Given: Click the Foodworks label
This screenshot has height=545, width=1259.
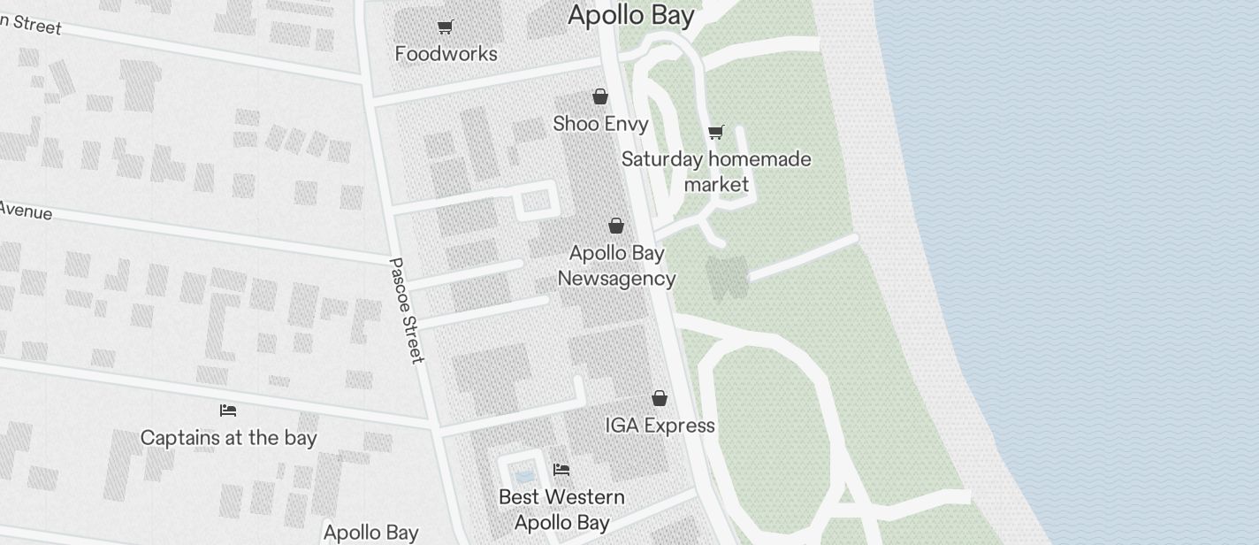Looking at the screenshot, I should (446, 54).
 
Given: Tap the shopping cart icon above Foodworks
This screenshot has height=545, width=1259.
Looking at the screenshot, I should (446, 27).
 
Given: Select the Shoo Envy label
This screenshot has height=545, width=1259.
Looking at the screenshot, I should (600, 124).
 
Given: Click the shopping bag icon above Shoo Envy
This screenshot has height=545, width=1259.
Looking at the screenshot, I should (600, 96).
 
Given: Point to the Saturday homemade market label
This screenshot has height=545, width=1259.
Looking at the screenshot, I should (716, 172).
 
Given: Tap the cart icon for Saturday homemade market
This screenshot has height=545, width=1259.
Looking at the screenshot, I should (716, 133).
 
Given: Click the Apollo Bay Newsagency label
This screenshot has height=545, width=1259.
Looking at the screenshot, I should (616, 265).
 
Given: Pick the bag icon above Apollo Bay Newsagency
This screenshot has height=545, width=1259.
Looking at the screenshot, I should (616, 226).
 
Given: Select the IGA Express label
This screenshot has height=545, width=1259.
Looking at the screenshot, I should (660, 426).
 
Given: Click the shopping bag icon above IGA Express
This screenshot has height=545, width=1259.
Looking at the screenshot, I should (660, 399).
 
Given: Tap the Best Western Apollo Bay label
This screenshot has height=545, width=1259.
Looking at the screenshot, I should (561, 510).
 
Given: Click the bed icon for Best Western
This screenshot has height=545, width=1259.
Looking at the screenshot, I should (561, 470).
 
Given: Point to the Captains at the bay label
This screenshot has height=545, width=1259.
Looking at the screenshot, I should (228, 438).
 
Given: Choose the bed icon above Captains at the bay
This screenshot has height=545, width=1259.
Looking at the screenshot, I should (228, 411).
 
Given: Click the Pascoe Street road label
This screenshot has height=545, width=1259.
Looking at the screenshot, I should (406, 311).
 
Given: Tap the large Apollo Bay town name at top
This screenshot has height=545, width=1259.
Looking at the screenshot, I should (630, 15).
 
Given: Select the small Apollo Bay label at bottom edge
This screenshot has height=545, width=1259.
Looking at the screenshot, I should (370, 533).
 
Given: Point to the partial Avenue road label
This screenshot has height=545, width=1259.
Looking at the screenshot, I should (25, 211).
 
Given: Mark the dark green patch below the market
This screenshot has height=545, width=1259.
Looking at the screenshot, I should (727, 277).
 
